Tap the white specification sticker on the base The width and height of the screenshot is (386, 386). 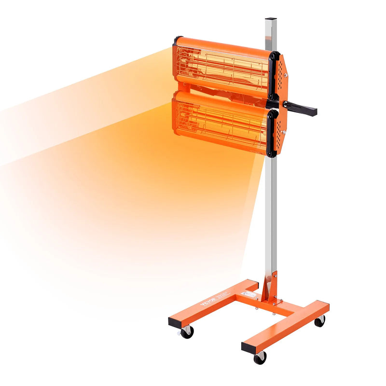coord(249,294)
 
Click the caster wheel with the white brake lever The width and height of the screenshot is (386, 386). coord(187,331)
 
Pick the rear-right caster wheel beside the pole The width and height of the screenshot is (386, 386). coord(319,321)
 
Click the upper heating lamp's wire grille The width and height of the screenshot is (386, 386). coord(222,68)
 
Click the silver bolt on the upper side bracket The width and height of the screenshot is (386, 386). coord(286,75)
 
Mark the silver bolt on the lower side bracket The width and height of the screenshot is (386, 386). coord(285,133)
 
